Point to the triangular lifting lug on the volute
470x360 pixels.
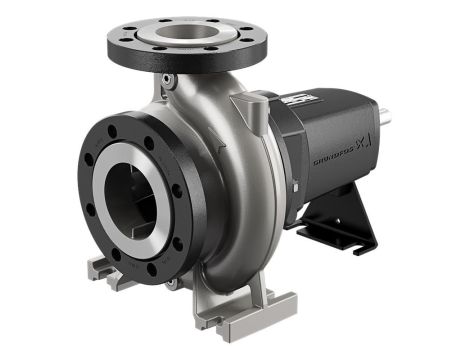tap(244, 106)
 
